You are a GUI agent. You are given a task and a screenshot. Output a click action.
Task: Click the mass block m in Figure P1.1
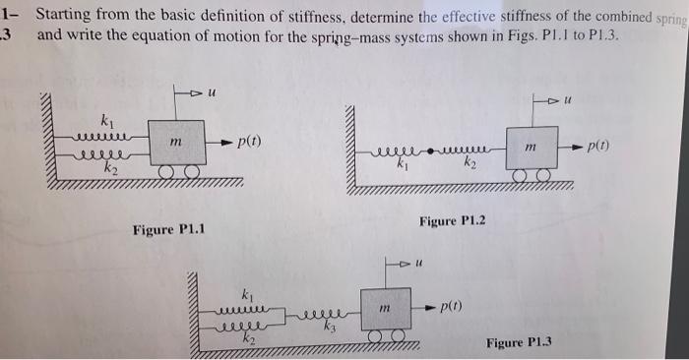coord(176,144)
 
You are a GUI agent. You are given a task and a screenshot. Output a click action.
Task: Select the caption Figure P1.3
coord(519,342)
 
